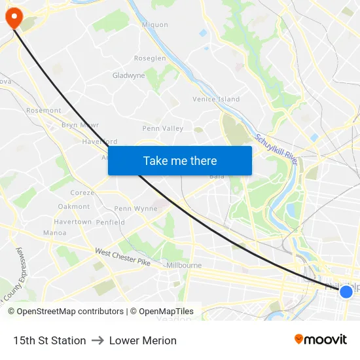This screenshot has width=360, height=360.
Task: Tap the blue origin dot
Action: [346, 292]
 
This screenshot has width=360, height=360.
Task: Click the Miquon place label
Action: [155, 25]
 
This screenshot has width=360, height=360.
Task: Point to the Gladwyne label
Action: [128, 75]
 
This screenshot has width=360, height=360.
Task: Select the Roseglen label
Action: [150, 58]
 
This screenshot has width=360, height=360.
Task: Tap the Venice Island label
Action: [216, 99]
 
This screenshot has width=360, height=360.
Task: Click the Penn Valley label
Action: [163, 129]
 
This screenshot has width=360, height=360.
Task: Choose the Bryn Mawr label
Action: [79, 124]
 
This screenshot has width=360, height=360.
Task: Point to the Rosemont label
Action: [44, 111]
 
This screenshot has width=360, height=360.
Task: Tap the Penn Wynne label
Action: [136, 209]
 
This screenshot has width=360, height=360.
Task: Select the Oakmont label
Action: [74, 206]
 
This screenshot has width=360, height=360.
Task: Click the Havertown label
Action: [73, 222]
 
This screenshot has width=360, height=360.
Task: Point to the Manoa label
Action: [54, 232]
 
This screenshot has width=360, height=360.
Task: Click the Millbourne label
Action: [183, 266]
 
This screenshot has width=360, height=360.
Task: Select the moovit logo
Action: [321, 339]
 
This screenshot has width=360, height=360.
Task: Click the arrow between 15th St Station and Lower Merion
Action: [98, 340]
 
